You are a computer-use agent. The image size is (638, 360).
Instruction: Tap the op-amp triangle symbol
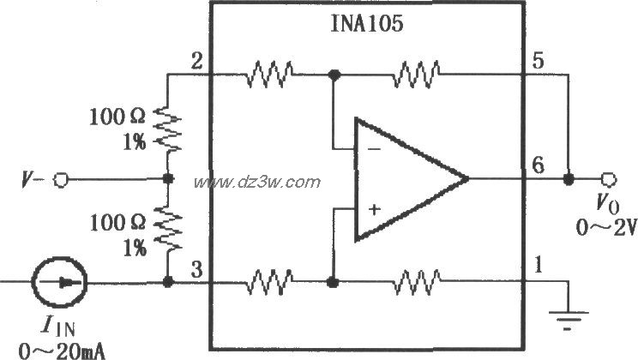(403, 179)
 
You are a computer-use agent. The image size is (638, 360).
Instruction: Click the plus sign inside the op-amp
(374, 208)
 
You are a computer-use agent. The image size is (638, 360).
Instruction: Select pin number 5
(539, 61)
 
